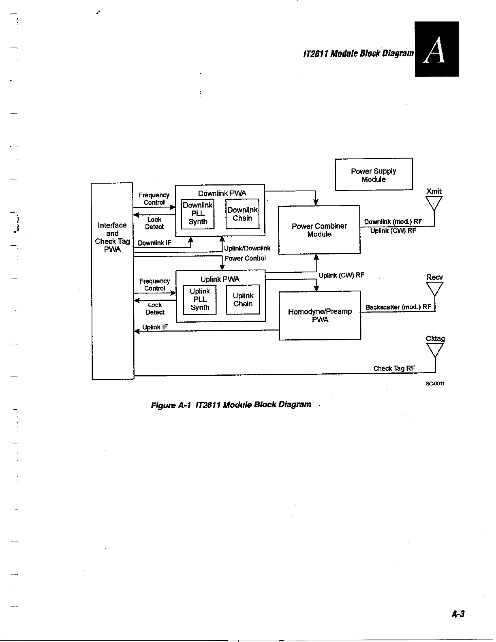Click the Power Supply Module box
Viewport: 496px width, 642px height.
pyautogui.click(x=373, y=174)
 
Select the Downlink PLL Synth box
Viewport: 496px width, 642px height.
pyautogui.click(x=197, y=214)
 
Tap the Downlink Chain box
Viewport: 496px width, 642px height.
pyautogui.click(x=242, y=214)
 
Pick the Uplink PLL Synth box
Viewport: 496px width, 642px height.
pyautogui.click(x=199, y=299)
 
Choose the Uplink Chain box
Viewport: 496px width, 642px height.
pyautogui.click(x=243, y=300)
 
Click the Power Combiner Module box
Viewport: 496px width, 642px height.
pyautogui.click(x=319, y=230)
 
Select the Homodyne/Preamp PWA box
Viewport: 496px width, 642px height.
pyautogui.click(x=320, y=315)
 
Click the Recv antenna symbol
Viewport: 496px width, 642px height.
pyautogui.click(x=434, y=289)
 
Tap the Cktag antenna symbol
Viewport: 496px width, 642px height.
pyautogui.click(x=435, y=351)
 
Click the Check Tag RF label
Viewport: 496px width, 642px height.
pyautogui.click(x=394, y=368)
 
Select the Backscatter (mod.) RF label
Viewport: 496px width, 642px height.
pyautogui.click(x=398, y=307)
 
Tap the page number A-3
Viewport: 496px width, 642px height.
pyautogui.click(x=458, y=614)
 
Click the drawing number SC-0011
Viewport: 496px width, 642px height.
pyautogui.click(x=435, y=383)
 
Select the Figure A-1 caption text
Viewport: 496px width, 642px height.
pyautogui.click(x=231, y=404)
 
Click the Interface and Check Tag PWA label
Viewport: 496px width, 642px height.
pyautogui.click(x=112, y=237)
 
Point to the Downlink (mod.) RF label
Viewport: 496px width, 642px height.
pyautogui.click(x=393, y=222)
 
